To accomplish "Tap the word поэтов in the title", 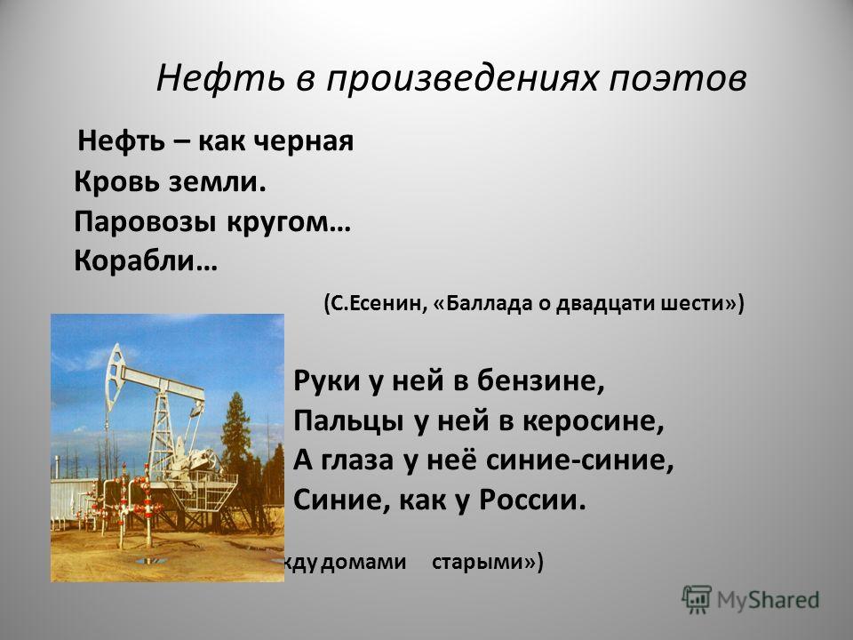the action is coord(677,79).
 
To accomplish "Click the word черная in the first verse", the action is coord(304,141).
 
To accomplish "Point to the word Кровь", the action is coord(116,181).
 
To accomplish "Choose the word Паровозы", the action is coord(145,222).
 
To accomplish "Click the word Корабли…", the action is coord(145,261).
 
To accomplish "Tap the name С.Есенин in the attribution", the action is coord(375,303).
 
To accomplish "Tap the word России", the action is coord(532,500).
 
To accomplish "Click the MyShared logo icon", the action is coord(697,600).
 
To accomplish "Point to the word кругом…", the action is coord(288,223).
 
